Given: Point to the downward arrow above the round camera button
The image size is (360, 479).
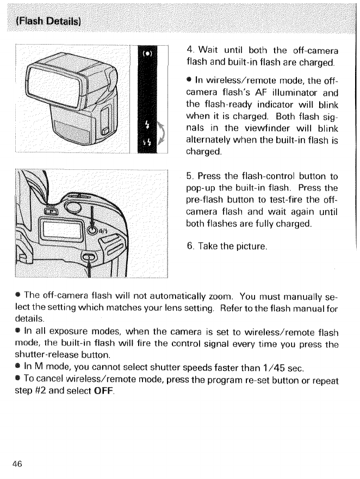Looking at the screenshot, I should [95, 216].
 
